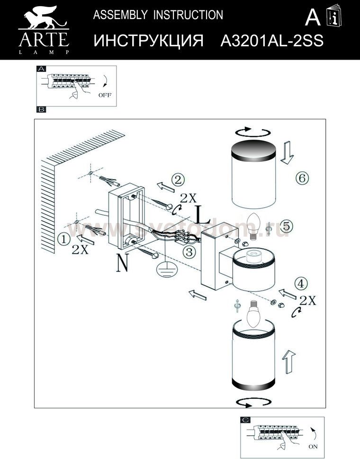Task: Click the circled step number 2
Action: click(178, 180)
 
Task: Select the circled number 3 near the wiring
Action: click(189, 252)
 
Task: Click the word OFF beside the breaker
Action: click(105, 95)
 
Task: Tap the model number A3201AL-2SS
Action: click(272, 41)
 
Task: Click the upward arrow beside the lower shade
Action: click(288, 362)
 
